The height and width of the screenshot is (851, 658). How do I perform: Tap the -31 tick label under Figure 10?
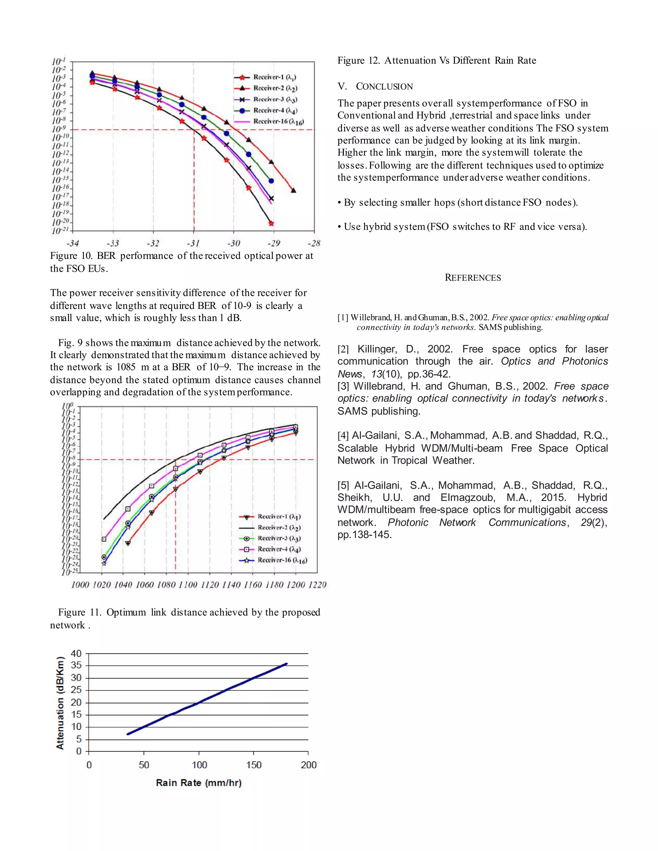click(x=193, y=243)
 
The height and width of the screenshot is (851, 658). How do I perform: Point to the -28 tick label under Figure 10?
click(x=314, y=243)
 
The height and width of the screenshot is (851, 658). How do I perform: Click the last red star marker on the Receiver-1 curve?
click(x=271, y=223)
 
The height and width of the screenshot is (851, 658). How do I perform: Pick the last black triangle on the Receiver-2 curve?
click(x=294, y=190)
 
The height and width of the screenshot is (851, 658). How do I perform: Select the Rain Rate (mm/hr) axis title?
click(x=199, y=783)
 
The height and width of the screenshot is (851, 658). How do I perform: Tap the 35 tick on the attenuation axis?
click(x=76, y=665)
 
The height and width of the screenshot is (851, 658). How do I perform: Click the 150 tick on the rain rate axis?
click(x=254, y=765)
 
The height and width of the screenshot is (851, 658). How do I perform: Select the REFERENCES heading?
click(x=473, y=278)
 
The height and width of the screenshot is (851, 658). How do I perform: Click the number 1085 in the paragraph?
click(x=126, y=367)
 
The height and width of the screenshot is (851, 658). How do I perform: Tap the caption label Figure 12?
click(x=358, y=60)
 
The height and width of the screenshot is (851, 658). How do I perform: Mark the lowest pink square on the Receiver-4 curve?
click(x=104, y=539)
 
